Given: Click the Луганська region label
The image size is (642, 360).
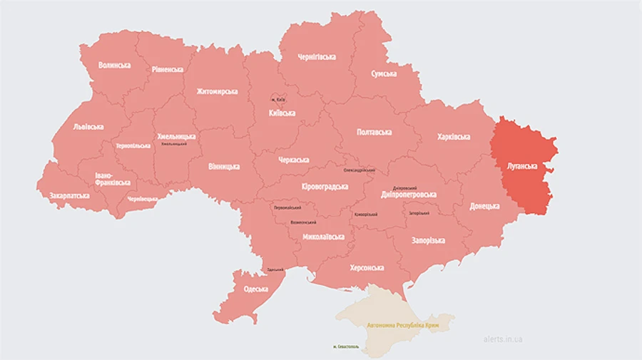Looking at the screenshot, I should pyautogui.click(x=521, y=166).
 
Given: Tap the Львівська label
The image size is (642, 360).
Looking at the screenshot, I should pyautogui.click(x=88, y=127).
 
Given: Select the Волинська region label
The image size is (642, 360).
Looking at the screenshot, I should pyautogui.click(x=114, y=65).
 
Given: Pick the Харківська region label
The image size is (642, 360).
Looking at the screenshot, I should pyautogui.click(x=453, y=136).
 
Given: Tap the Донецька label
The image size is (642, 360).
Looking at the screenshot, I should pyautogui.click(x=484, y=207).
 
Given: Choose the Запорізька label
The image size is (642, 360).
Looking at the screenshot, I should pyautogui.click(x=428, y=240).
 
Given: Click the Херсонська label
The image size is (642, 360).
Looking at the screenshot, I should pyautogui.click(x=367, y=268).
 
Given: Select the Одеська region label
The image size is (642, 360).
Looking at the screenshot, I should pyautogui.click(x=255, y=289).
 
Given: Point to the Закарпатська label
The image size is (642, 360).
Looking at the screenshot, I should pyautogui.click(x=69, y=195).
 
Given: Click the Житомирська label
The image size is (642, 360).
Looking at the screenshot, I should pyautogui.click(x=217, y=91).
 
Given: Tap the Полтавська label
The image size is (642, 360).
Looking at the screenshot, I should pyautogui.click(x=374, y=132).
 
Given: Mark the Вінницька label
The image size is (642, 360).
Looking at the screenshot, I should pyautogui.click(x=224, y=167).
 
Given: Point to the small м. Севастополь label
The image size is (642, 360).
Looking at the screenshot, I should pyautogui.click(x=346, y=347).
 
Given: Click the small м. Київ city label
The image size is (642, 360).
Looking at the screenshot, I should pyautogui.click(x=277, y=98).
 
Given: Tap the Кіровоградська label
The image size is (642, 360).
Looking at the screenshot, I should pyautogui.click(x=325, y=186).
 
